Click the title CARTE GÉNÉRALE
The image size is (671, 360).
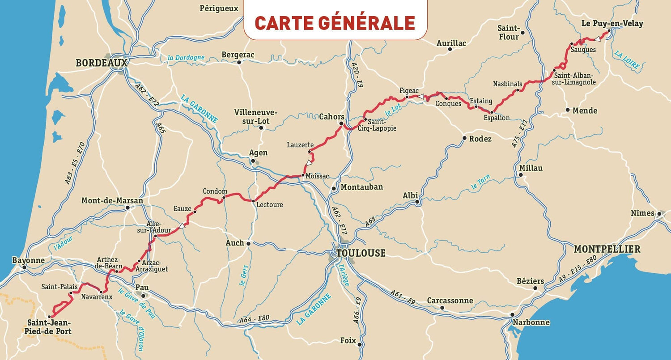pyautogui.click(x=335, y=23)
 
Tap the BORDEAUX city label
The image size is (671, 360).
pyautogui.click(x=102, y=63)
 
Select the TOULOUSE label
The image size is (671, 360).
pyautogui.click(x=361, y=253)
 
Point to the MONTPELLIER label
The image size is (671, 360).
pyautogui.click(x=607, y=249)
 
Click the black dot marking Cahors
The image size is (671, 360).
pyautogui.click(x=341, y=123)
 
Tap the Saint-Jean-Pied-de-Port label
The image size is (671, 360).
pyautogui.click(x=49, y=327)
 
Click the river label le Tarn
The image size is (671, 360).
pyautogui.click(x=480, y=182)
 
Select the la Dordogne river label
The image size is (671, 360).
pyautogui.click(x=186, y=58)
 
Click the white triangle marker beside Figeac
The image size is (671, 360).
pyautogui.click(x=420, y=96)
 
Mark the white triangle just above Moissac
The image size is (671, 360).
pyautogui.click(x=309, y=163)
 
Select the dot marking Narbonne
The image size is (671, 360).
pyautogui.click(x=513, y=315)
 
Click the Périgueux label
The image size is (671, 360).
pyautogui.click(x=219, y=8)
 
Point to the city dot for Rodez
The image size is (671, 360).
pyautogui.click(x=465, y=138)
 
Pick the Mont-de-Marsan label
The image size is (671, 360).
pyautogui.click(x=112, y=201)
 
